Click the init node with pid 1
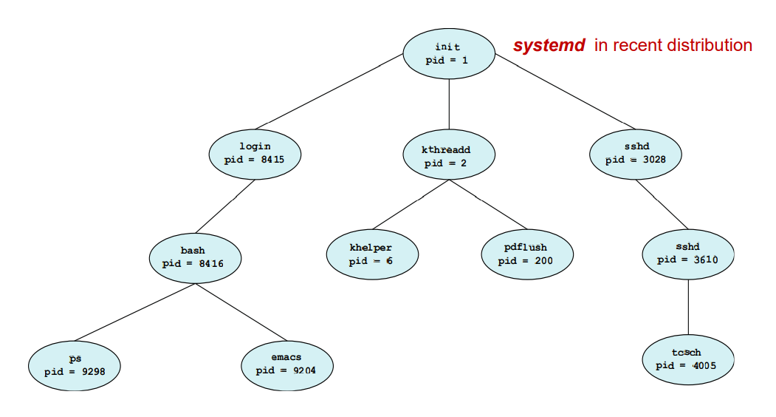coord(448,53)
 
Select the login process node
coord(255,153)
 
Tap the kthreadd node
coord(448,156)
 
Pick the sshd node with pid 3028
coord(636,153)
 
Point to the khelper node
coord(371,254)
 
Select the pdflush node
coord(526,254)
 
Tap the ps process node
coord(75,365)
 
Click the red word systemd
coord(549,46)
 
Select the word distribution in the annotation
coord(710,46)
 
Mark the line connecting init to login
coord(332,92)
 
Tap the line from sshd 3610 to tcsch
coord(688,307)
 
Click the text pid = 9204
coord(286,370)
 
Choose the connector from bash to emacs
coord(240,311)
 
